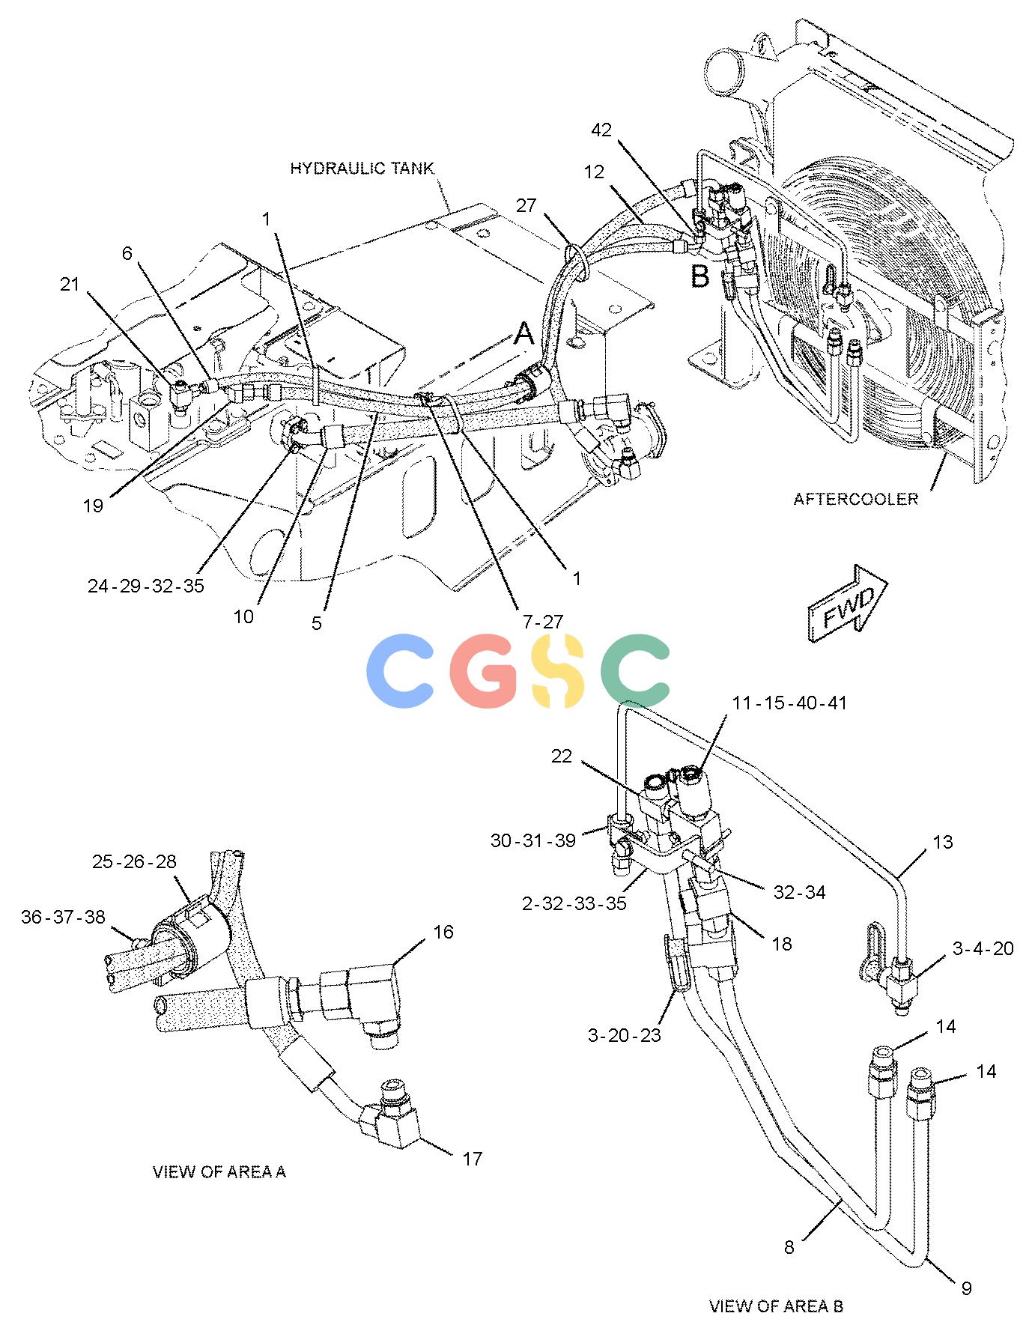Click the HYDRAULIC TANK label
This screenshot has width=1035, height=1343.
coord(362,169)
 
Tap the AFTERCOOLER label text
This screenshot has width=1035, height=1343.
coord(855,499)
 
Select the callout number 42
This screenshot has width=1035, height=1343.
coord(601,130)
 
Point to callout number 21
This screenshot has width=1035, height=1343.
coord(70,285)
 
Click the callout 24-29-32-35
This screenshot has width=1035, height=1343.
coord(146,586)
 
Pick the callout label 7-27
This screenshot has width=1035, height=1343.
coord(544,621)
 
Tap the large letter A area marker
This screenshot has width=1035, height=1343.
coord(523,333)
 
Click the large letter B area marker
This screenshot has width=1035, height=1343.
coord(699,277)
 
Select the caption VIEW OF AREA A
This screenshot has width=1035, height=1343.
coord(219,1172)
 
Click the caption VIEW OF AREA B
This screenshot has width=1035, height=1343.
coord(776,1306)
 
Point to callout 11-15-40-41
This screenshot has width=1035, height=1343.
coord(789,703)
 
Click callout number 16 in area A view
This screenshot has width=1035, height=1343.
coord(443,932)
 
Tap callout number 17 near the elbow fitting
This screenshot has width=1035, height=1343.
coord(472,1159)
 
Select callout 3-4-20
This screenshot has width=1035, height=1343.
coord(983,949)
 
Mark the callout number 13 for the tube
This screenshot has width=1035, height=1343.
coord(943,842)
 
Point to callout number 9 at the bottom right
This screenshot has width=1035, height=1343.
coord(967,1288)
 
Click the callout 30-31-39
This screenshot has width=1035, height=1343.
coord(533,840)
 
